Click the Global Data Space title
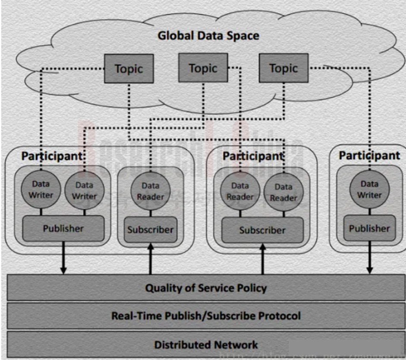click(208, 35)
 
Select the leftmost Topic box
click(129, 69)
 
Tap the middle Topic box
click(203, 68)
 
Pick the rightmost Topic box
click(283, 68)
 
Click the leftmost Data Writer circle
click(41, 189)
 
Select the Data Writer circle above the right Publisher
click(370, 189)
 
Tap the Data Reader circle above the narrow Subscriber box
click(151, 191)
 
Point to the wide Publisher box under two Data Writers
click(63, 228)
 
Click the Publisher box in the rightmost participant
click(369, 228)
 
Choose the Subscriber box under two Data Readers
click(262, 230)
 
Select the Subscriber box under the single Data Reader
click(150, 230)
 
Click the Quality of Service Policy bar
click(206, 288)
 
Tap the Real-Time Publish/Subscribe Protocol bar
click(206, 316)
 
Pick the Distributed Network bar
click(206, 345)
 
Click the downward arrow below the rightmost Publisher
click(370, 259)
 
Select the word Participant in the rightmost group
click(369, 155)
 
